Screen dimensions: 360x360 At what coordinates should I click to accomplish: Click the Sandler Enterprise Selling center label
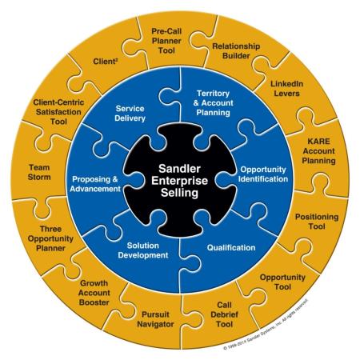point(179,181)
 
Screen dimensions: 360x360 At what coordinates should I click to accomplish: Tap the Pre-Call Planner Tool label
point(166,41)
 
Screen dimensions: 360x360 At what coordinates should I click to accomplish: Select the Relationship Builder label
point(236,51)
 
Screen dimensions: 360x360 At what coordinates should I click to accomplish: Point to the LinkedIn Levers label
point(287,89)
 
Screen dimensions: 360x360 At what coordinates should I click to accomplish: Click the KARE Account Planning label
point(318,151)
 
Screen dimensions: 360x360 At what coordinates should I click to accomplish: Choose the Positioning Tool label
point(317,222)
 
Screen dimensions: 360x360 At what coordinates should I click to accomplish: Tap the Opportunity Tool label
point(282,282)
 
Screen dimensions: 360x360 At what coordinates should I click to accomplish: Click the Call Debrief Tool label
point(224,314)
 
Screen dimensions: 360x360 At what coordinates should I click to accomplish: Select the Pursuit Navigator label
point(155,319)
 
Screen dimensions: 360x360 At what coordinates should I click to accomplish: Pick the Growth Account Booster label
point(94,293)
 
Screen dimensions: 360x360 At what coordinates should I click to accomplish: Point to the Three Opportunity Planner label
point(50,238)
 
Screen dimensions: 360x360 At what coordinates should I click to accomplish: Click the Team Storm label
point(39,172)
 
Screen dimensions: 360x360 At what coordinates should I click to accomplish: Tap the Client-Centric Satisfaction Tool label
point(58,112)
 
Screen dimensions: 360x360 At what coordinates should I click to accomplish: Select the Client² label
point(106,62)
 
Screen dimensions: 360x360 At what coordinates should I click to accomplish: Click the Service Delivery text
point(130,114)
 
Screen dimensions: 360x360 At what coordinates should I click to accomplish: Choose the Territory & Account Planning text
point(213,103)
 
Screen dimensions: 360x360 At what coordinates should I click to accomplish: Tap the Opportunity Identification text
point(263,174)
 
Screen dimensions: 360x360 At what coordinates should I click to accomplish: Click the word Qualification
point(231,248)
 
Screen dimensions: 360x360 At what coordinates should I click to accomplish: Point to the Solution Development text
point(143,250)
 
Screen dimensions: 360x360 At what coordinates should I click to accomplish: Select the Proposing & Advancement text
point(95,184)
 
